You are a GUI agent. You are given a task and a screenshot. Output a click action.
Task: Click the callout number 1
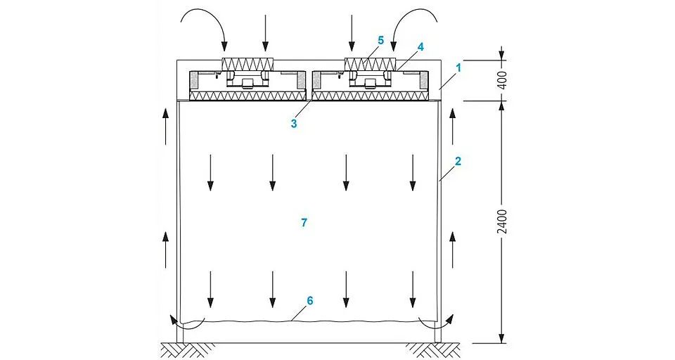458,67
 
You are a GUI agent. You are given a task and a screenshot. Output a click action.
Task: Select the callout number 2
458,162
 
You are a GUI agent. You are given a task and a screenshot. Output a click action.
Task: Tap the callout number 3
294,124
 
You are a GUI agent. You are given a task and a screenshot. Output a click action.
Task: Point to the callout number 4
420,47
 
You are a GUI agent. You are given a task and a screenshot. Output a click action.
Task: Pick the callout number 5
380,41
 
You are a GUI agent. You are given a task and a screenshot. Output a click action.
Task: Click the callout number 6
309,300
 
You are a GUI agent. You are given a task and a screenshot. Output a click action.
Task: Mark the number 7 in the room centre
304,223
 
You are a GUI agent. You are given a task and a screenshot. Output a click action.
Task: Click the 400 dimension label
502,80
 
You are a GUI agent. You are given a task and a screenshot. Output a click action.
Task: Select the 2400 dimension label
502,221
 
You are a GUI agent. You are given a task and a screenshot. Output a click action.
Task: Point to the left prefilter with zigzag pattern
248,65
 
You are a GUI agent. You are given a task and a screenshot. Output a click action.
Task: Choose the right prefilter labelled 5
371,65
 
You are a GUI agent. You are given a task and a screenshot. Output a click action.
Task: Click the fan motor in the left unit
247,84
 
